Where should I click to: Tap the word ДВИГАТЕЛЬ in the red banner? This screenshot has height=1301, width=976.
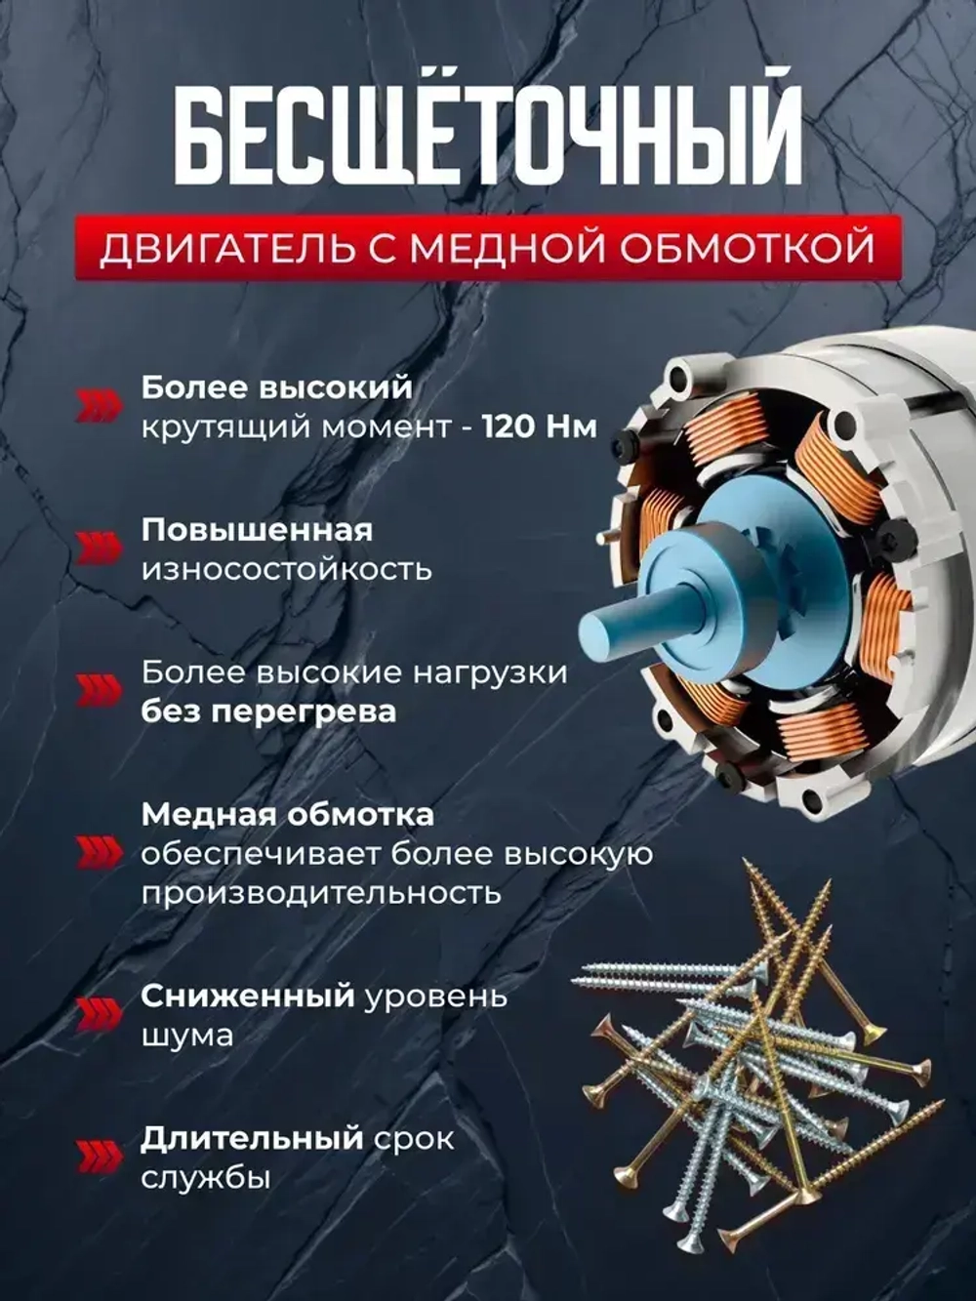click(227, 249)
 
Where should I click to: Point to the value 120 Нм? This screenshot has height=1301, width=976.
click(540, 427)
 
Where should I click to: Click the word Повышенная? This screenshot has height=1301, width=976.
click(257, 530)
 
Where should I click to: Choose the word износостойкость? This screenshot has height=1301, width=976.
click(286, 569)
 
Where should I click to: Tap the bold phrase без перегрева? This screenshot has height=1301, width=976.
click(268, 711)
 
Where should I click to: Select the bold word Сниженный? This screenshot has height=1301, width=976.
click(247, 996)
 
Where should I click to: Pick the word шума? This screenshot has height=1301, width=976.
click(187, 1036)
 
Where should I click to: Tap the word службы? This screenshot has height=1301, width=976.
click(205, 1177)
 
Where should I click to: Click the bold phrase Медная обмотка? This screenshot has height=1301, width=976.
click(288, 814)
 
